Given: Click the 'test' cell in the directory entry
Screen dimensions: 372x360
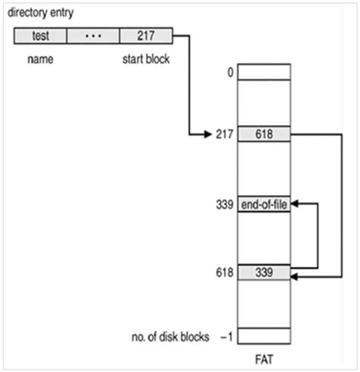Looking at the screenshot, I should pos(40,35).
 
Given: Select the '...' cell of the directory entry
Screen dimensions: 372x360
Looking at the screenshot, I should pos(93,35).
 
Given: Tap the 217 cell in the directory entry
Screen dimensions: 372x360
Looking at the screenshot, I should pos(145,35).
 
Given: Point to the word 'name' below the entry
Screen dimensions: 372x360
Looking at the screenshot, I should pos(39,56).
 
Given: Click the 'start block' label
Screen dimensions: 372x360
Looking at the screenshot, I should pos(145,56).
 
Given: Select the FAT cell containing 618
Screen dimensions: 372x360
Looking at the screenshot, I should pos(264,134).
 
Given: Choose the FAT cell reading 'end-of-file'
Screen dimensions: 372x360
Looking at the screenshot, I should pos(264,204).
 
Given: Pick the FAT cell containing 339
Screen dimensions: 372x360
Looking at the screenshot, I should pos(264,272).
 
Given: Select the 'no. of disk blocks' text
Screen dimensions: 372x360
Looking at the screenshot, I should pos(169,336).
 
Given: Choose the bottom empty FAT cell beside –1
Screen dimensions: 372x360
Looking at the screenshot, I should pos(264,336).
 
